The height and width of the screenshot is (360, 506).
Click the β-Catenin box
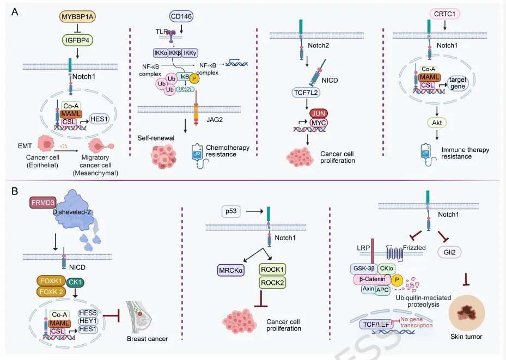tap(371, 279)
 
